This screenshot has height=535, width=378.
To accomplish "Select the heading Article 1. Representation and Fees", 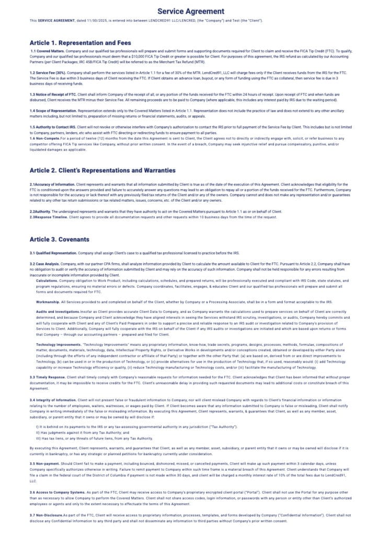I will point(80,42).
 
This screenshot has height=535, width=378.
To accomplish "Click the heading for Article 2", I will point(102,170).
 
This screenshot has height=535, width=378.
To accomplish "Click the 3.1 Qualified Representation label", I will point(54,253).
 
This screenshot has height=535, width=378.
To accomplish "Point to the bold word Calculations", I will point(47,281).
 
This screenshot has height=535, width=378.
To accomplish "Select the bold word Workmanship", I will point(48,302).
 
